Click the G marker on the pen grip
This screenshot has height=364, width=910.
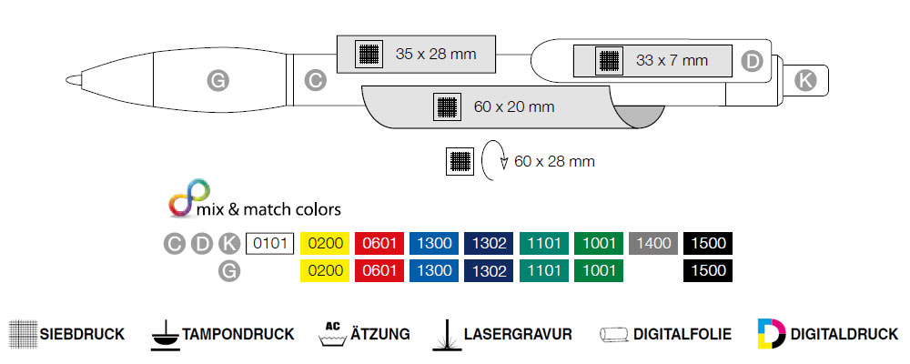click(217, 81)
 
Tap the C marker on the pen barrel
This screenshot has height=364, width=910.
click(315, 81)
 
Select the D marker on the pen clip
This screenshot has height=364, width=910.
click(752, 61)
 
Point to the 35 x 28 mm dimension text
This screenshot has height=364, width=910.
click(436, 54)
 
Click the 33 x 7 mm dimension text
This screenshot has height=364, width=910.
click(672, 61)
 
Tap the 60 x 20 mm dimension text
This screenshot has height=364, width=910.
click(514, 106)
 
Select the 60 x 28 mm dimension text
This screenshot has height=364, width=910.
click(554, 162)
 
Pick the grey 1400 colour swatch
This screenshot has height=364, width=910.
click(652, 244)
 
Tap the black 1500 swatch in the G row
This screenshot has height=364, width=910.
click(707, 270)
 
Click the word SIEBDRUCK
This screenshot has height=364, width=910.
click(82, 334)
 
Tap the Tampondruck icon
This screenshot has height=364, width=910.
click(164, 334)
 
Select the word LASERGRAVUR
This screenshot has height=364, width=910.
click(518, 334)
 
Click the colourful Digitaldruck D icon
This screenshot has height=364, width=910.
click(770, 334)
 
